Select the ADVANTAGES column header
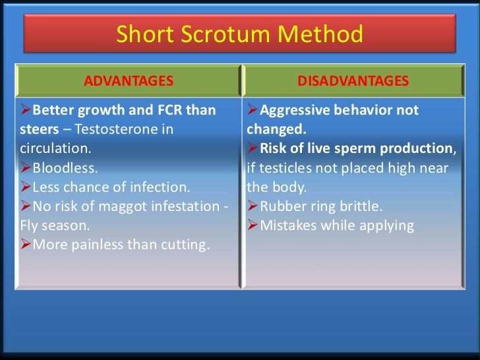coord(129,81)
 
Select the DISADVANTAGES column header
coord(353,81)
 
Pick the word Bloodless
coord(65,167)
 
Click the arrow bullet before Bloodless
coord(26,167)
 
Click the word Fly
coord(29,226)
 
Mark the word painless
coord(98,245)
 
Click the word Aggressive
coord(295,110)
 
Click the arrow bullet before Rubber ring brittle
coord(253,206)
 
